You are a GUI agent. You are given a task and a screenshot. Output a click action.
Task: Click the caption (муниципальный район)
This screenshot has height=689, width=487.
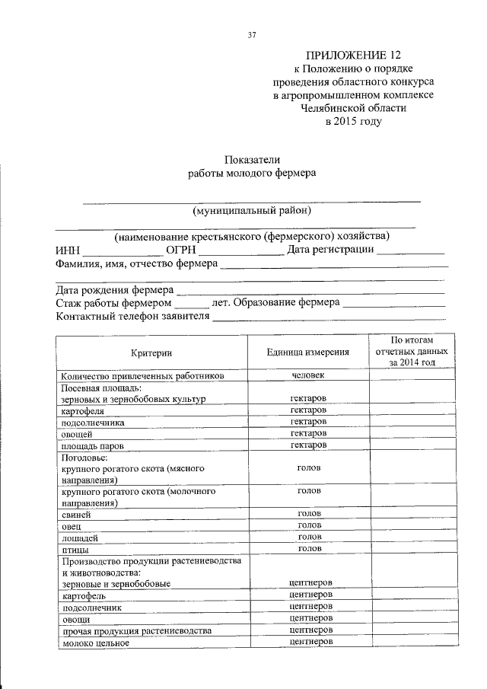point(252,210)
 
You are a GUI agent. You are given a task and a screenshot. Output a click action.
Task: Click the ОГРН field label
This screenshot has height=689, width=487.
point(181,250)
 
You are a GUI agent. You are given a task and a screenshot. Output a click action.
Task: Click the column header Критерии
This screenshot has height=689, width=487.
point(151,352)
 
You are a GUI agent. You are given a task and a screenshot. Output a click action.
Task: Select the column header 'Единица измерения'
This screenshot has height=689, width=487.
point(308,352)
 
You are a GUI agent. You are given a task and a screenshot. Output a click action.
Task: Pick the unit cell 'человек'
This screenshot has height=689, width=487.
point(308,375)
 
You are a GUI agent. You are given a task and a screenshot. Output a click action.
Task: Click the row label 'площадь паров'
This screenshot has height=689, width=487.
point(92,445)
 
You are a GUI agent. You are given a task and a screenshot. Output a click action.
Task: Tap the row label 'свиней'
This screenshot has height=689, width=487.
point(77,515)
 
